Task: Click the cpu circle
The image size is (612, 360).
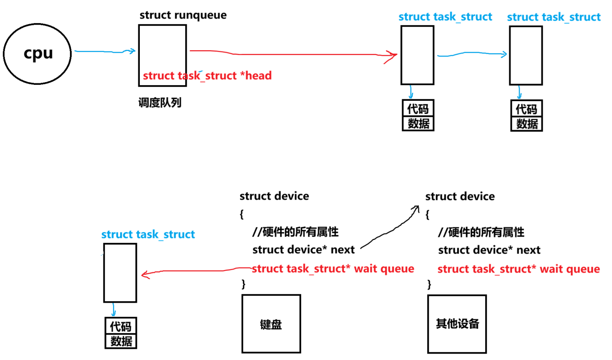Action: pyautogui.click(x=37, y=54)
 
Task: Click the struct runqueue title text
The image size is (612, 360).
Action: pyautogui.click(x=183, y=15)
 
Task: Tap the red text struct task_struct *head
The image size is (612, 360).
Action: pyautogui.click(x=207, y=76)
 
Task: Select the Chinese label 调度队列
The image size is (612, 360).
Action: pyautogui.click(x=160, y=103)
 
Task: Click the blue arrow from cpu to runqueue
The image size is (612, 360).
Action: pyautogui.click(x=104, y=52)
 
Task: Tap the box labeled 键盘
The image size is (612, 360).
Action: pyautogui.click(x=271, y=324)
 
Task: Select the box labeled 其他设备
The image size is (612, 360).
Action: pyautogui.click(x=457, y=324)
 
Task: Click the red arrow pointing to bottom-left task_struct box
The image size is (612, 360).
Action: pyautogui.click(x=193, y=271)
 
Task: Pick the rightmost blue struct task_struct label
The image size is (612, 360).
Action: pyautogui.click(x=554, y=17)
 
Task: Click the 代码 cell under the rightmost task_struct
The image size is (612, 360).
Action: pyautogui.click(x=526, y=109)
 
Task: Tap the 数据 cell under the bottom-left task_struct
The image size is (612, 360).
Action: pyautogui.click(x=121, y=341)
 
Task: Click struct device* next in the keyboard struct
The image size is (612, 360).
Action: pyautogui.click(x=303, y=250)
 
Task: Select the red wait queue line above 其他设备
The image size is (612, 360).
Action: pyautogui.click(x=518, y=269)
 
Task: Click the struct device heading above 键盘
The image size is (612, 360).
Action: pyautogui.click(x=274, y=196)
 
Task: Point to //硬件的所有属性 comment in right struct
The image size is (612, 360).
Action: pyautogui.click(x=481, y=232)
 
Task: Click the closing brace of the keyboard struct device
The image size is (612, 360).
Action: pyautogui.click(x=244, y=284)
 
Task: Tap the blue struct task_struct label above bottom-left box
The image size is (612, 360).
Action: pyautogui.click(x=148, y=234)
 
